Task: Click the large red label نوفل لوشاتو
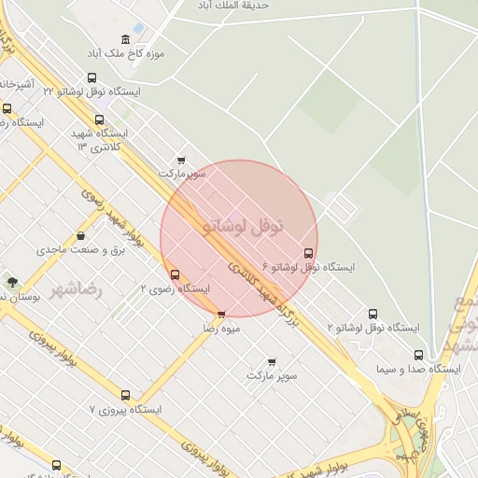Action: (x=240, y=226)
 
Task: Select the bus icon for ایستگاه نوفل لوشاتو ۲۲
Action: (x=91, y=79)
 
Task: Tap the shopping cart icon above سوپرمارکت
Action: (x=180, y=160)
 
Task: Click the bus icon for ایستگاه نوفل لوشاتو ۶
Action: (x=309, y=253)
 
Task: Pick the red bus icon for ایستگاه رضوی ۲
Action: (x=175, y=274)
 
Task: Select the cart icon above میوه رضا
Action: (x=221, y=315)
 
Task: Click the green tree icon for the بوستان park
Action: (x=12, y=281)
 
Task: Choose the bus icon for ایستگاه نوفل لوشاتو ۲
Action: (x=373, y=314)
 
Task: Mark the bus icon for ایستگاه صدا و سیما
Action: (x=417, y=355)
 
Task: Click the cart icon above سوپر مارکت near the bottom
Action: (x=272, y=360)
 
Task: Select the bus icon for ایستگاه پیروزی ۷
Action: (x=126, y=395)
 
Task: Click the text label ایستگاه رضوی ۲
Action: (x=175, y=288)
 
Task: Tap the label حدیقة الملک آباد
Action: (x=229, y=6)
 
